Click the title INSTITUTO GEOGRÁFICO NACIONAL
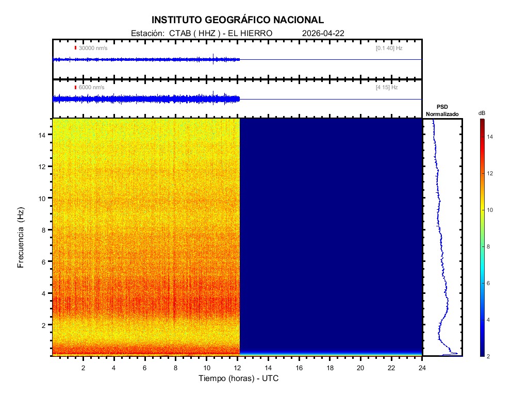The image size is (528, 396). click(x=238, y=20)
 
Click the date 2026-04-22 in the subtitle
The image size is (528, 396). click(x=323, y=33)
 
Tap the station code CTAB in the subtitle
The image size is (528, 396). click(x=179, y=33)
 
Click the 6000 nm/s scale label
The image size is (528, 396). click(x=92, y=88)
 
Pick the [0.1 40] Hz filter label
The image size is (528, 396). click(x=389, y=48)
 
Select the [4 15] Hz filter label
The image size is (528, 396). click(x=387, y=88)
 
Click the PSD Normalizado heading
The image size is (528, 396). click(x=442, y=110)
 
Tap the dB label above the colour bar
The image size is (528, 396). click(x=482, y=112)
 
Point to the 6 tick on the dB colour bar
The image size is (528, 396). click(x=490, y=284)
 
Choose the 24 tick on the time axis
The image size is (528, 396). click(x=422, y=368)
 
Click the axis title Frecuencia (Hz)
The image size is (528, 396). click(x=21, y=238)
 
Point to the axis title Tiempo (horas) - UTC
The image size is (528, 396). click(x=239, y=378)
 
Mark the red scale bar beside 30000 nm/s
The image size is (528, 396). click(x=75, y=48)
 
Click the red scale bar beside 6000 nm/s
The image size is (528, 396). click(x=75, y=88)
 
